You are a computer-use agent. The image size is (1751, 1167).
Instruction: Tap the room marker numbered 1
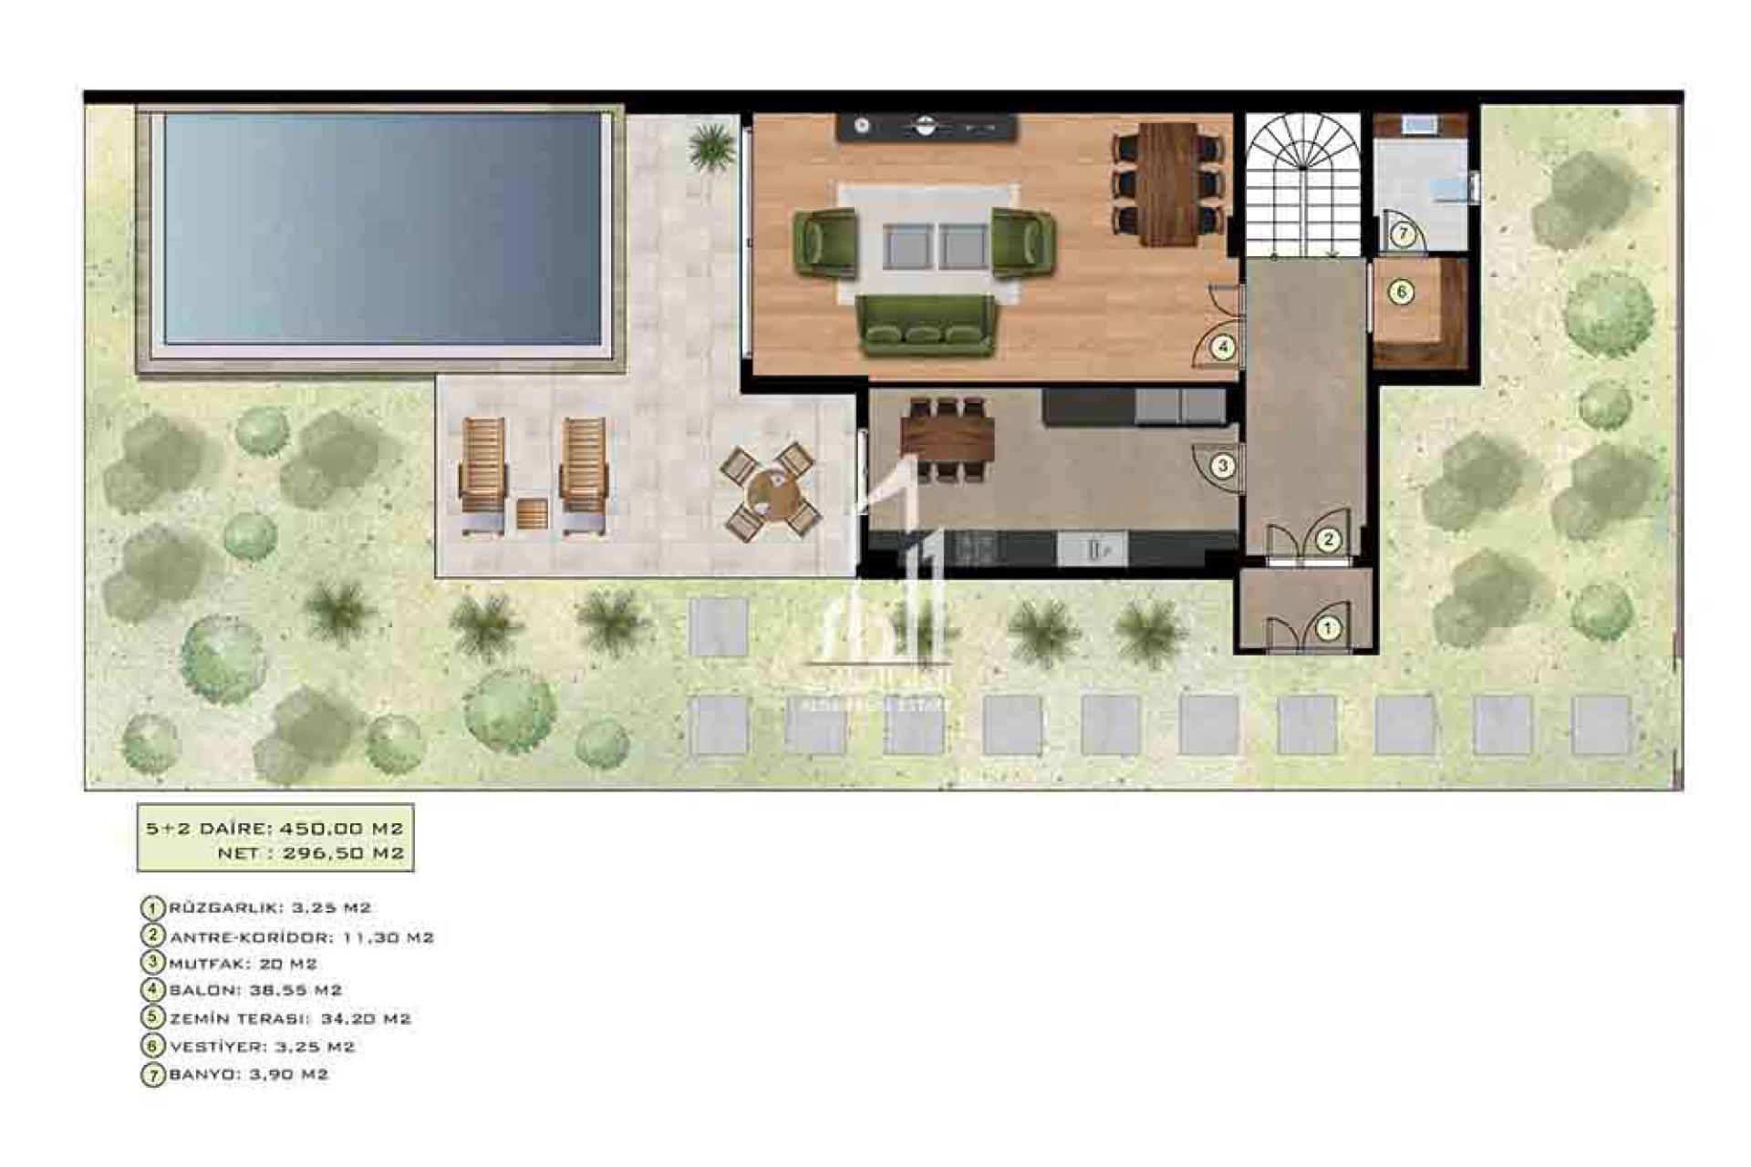1328,628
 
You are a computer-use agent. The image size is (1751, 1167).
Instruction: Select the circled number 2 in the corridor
1329,540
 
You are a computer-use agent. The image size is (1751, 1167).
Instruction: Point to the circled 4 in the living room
1222,346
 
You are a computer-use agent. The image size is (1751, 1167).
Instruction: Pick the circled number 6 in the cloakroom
1401,292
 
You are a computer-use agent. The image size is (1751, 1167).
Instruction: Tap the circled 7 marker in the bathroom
1404,234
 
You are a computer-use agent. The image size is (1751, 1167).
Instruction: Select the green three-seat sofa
925,325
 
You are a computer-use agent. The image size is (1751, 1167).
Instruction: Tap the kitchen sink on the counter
1093,549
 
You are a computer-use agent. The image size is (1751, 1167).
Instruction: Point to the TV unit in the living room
926,127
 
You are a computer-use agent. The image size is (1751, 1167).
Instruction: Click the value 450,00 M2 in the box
341,829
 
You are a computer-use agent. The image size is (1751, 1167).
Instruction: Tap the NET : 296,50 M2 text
310,853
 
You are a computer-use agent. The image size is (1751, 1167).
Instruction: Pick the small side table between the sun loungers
532,515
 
